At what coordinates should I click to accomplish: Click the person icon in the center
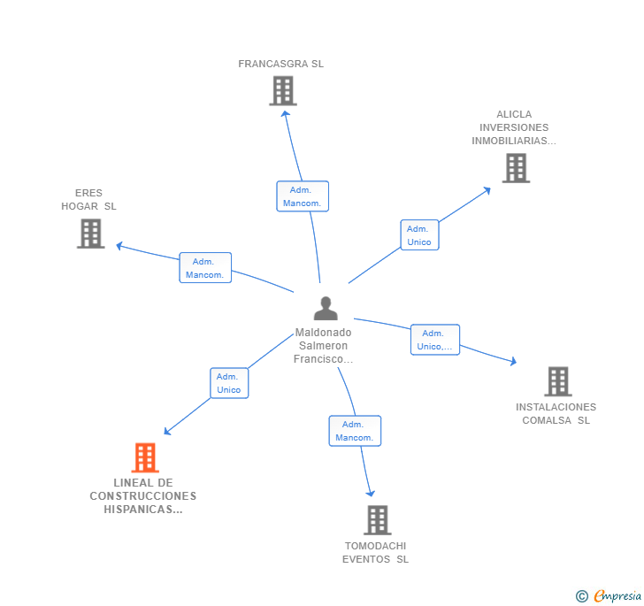[x=326, y=309]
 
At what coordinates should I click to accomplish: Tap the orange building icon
[x=145, y=457]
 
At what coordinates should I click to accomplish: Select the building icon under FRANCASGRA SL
[x=282, y=90]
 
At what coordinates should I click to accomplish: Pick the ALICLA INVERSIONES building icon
[x=516, y=167]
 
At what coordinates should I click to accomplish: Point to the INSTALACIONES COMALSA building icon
[x=557, y=381]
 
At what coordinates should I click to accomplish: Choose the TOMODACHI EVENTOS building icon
[x=377, y=520]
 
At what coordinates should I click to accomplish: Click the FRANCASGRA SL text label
[x=281, y=64]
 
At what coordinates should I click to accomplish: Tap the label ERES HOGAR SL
[x=88, y=200]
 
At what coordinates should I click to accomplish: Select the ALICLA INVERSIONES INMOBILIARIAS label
[x=514, y=127]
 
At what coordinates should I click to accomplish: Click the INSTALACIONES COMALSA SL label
[x=556, y=414]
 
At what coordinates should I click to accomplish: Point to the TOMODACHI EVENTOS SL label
[x=376, y=552]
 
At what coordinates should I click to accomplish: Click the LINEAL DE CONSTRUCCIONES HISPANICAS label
[x=142, y=496]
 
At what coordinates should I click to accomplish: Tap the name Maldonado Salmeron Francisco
[x=323, y=346]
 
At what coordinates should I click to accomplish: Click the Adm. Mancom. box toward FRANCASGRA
[x=303, y=196]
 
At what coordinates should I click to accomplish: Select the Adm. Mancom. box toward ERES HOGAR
[x=205, y=268]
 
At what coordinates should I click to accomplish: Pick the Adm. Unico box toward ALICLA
[x=419, y=234]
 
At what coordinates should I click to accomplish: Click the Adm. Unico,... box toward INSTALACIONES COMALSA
[x=435, y=340]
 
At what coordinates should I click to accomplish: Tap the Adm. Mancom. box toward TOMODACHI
[x=355, y=431]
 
